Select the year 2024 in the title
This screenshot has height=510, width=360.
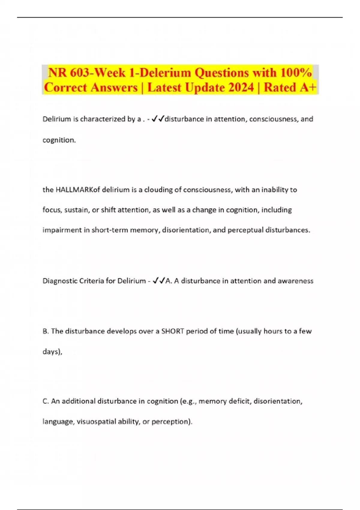[241, 88]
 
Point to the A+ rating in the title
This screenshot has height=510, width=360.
[307, 88]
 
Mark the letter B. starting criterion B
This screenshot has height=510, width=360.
[46, 331]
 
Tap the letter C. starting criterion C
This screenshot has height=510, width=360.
[46, 401]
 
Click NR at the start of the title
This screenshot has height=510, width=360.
[56, 73]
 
